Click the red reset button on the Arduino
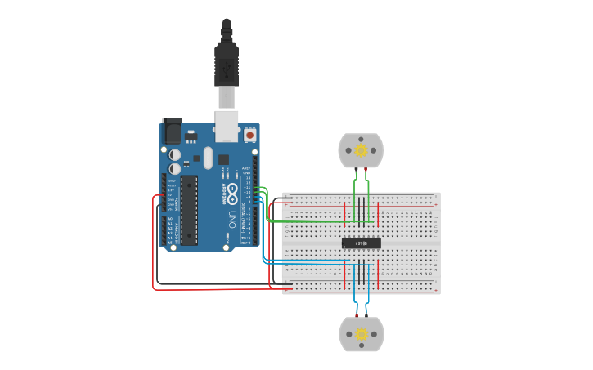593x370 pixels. pos(249,134)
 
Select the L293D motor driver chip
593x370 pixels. pos(361,243)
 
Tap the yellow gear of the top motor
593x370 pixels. pos(360,149)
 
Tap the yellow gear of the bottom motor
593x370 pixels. pos(361,334)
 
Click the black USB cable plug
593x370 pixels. pos(227,65)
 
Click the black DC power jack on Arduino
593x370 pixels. pos(172,132)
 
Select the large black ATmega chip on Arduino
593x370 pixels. pos(189,210)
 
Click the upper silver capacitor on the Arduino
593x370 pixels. pos(175,154)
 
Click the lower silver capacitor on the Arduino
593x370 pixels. pos(175,168)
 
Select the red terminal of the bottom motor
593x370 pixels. pos(366,315)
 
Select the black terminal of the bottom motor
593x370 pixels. pos(355,315)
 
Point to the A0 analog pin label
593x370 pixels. pos(170,219)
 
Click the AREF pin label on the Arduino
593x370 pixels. pos(246,169)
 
